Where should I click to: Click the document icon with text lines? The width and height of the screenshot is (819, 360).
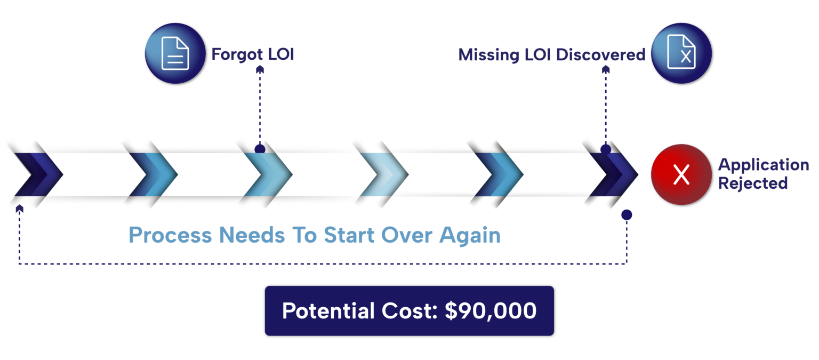175,53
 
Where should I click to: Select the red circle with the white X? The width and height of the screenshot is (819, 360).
681,174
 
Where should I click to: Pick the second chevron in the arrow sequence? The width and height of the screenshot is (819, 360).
151,174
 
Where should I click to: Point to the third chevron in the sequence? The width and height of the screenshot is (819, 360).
267,174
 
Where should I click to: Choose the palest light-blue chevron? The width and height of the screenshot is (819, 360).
382,174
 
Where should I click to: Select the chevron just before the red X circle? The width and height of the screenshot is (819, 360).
612,174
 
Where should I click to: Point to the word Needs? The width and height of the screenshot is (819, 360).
251,235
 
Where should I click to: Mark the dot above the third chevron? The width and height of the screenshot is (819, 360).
260,149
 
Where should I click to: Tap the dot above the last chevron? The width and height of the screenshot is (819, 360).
606,149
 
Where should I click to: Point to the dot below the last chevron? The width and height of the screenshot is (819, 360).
627,215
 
